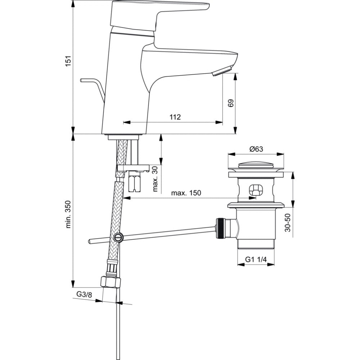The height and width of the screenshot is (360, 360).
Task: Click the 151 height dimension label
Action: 69,61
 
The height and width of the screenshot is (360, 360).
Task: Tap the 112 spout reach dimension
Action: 175,117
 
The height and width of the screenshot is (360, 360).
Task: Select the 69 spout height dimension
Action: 230,103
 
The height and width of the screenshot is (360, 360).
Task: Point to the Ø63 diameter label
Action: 256,149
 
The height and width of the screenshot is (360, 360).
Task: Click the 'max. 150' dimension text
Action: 186,193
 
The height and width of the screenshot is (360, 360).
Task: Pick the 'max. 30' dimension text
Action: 156,179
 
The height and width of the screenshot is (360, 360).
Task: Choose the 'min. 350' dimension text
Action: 69,214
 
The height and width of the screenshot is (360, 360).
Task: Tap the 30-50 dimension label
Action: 287,222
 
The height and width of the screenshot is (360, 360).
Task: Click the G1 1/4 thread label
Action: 256,260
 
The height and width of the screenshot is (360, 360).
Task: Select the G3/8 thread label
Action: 84,294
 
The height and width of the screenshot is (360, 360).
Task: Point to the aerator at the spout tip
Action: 222,70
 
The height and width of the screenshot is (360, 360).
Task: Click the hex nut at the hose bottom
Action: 111,282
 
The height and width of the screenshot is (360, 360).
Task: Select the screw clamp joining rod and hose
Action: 118,237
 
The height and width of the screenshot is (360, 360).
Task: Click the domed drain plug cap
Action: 256,165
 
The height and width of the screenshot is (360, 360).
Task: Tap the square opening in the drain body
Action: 256,190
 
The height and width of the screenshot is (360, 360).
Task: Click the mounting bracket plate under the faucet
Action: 133,168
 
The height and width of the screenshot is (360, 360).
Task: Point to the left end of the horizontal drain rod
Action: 89,241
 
